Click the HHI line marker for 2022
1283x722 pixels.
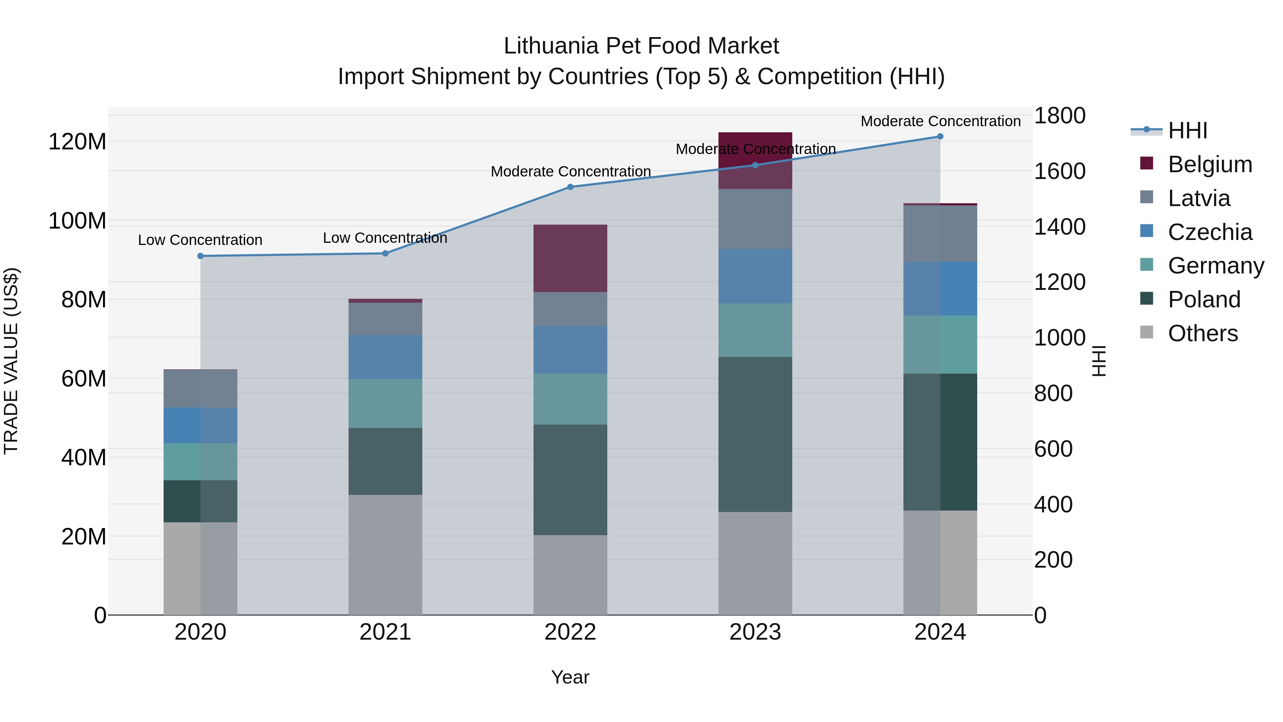[x=570, y=187]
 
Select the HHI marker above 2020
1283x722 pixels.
[x=200, y=256]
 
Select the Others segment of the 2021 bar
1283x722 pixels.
[x=385, y=554]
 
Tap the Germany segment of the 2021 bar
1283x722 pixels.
[x=385, y=403]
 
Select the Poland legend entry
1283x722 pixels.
[x=1204, y=299]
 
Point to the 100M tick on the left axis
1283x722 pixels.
[x=77, y=221]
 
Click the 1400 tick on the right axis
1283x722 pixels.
[x=1060, y=227]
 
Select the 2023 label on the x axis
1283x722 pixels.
[x=755, y=632]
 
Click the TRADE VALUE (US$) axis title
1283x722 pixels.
[x=11, y=361]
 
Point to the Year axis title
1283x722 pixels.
[x=570, y=677]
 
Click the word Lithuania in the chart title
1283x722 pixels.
[x=550, y=46]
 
